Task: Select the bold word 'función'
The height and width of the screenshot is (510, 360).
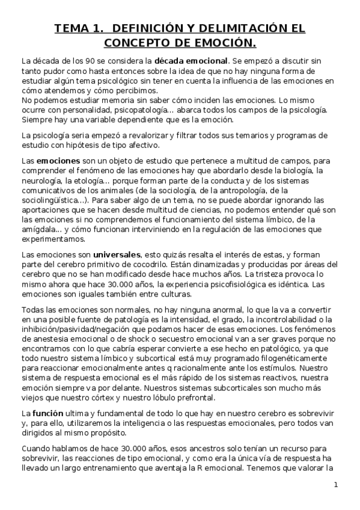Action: coord(47,414)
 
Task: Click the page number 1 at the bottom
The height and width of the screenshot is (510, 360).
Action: coord(337,485)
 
